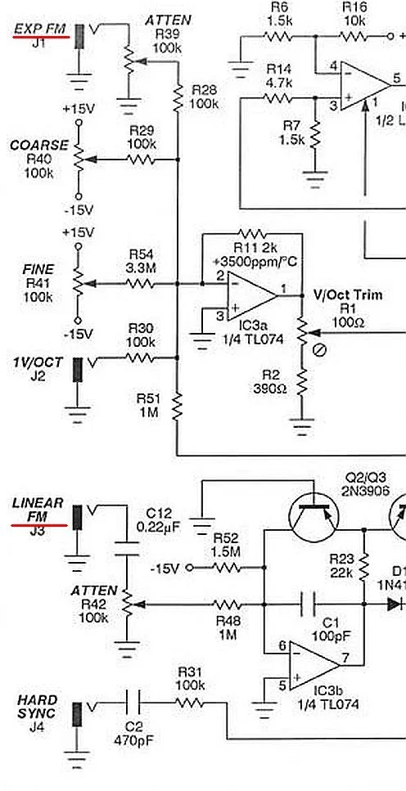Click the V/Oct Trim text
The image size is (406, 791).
tap(348, 294)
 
